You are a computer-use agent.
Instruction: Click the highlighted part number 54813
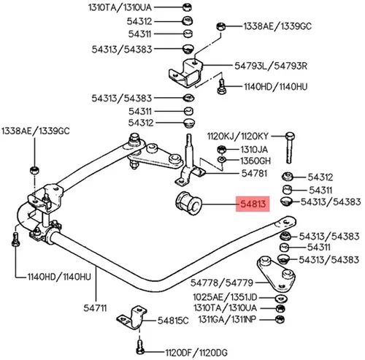pos(253,204)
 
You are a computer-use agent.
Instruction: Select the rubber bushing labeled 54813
pos(188,204)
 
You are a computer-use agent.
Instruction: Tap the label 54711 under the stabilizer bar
pos(95,308)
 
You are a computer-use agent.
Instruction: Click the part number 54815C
pos(173,321)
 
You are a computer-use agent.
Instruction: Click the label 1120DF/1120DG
pos(196,353)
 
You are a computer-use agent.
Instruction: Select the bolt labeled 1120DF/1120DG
pos(139,347)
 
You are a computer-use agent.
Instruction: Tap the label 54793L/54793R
pos(271,66)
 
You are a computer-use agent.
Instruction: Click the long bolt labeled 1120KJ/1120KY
pos(290,148)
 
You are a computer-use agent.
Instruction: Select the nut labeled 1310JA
pos(221,149)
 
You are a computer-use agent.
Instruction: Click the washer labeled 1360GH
pos(222,160)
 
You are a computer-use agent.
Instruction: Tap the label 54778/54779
pos(222,283)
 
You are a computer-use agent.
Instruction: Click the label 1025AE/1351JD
pos(225,297)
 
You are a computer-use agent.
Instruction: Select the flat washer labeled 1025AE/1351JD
pos(281,298)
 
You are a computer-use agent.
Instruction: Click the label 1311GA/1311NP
pos(227,319)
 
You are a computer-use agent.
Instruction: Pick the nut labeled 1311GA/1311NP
pos(280,319)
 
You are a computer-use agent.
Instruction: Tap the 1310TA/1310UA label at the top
pos(120,7)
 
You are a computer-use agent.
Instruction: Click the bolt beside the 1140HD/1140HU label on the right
pos(221,87)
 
